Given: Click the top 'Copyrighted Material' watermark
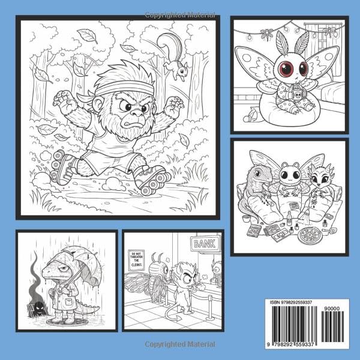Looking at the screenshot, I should (180, 5).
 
